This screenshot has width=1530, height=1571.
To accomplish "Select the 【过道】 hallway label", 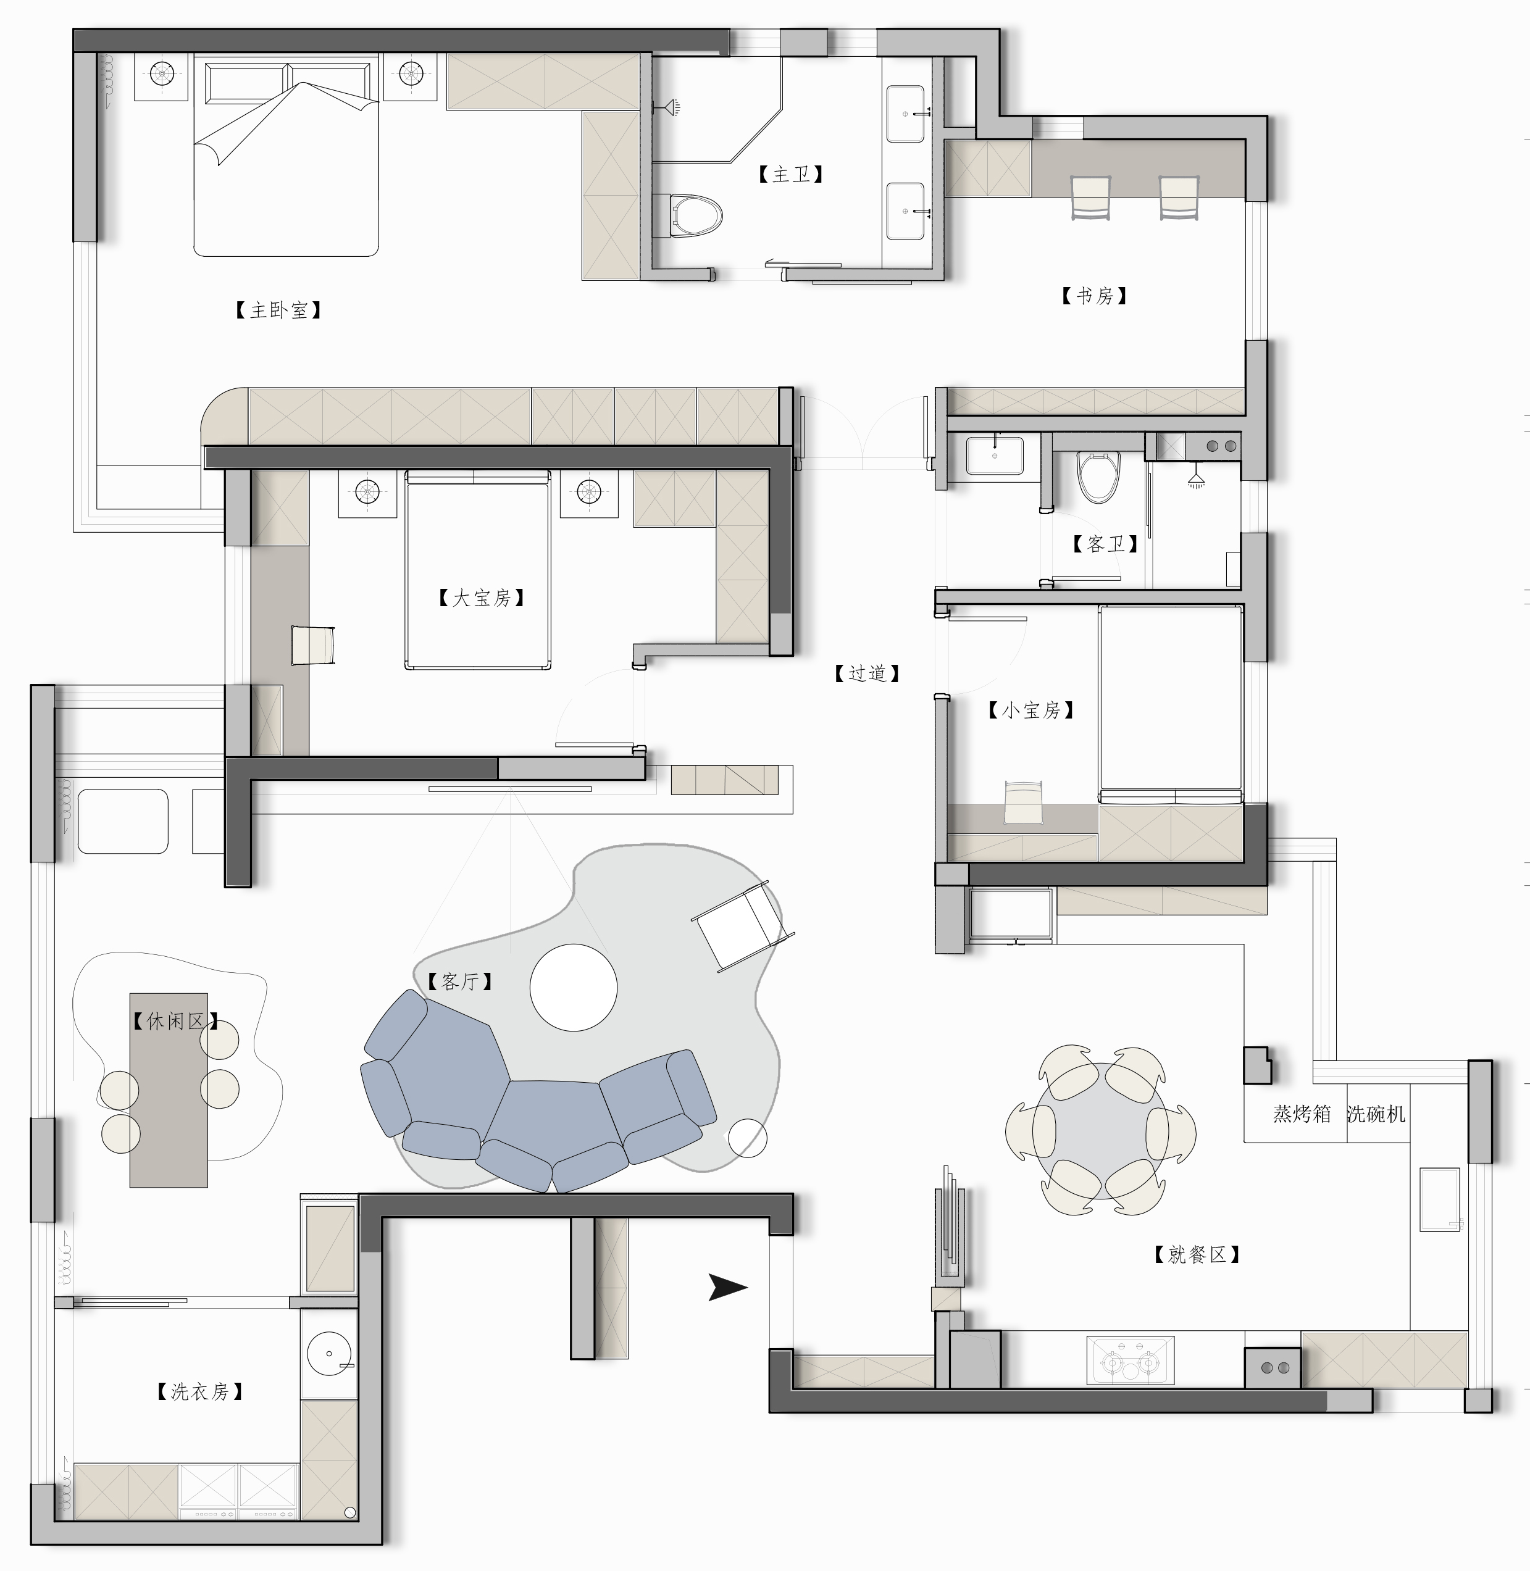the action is (x=867, y=673).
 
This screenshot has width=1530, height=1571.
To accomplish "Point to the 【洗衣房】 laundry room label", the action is (x=199, y=1391).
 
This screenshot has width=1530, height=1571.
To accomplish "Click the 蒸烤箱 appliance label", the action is (x=1302, y=1113).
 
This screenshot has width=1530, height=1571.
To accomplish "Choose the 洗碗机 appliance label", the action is (x=1376, y=1113).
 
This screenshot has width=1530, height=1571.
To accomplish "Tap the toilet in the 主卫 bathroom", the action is (x=696, y=215).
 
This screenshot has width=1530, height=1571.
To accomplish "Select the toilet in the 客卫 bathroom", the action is (x=1098, y=476).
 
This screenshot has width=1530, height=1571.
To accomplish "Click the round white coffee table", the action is (x=573, y=987).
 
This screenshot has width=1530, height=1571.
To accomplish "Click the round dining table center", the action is (x=1100, y=1130).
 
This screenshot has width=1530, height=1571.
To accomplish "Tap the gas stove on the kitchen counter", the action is (x=1131, y=1360).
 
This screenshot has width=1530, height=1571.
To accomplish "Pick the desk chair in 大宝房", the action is (x=312, y=645).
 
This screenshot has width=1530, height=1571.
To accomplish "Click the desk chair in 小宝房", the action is (x=1024, y=802).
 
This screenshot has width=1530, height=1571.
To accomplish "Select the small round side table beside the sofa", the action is (x=747, y=1138).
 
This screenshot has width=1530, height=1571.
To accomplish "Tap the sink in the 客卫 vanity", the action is (x=995, y=456).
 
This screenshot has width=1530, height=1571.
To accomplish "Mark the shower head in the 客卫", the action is (x=1197, y=480).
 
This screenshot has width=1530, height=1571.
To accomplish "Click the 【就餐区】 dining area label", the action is (x=1197, y=1254).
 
